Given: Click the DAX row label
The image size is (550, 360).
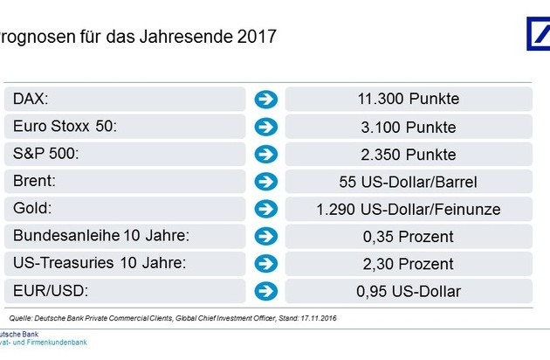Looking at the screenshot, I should coord(31,99).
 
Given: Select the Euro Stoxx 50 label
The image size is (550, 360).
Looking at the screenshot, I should coord(65,127).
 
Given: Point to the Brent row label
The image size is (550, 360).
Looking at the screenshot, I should coord(35,183).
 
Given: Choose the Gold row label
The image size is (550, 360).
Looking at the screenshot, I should coord(32,210).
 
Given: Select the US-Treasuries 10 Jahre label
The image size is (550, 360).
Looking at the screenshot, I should coord(100,264).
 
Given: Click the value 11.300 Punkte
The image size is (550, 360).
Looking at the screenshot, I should coord(409,99).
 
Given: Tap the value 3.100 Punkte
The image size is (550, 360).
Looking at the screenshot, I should coord(409,127).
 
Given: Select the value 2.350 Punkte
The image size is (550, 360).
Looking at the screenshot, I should coord(409,155).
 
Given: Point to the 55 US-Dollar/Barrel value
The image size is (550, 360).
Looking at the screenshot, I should coord(409,183).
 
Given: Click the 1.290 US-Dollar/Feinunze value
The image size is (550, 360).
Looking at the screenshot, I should coord(409,210).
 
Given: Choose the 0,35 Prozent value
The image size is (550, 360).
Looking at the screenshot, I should coord(409,237).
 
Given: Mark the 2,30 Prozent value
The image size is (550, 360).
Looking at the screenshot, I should coord(409,264).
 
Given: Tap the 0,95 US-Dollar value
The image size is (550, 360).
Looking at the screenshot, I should coord(409,291).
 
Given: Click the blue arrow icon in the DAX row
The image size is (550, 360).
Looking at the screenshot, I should coord(265,99).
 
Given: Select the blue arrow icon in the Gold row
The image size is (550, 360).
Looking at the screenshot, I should coord(265,210).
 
